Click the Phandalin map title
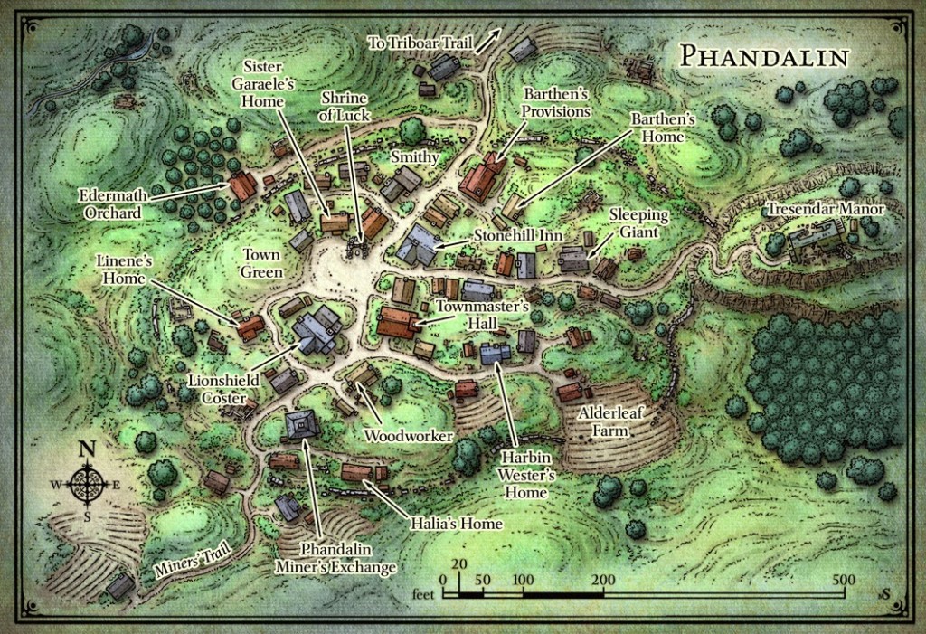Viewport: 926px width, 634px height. click(764, 56)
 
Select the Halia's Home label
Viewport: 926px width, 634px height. click(455, 522)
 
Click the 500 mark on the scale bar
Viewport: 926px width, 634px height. click(845, 580)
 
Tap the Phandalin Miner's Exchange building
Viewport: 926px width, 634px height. click(300, 423)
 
